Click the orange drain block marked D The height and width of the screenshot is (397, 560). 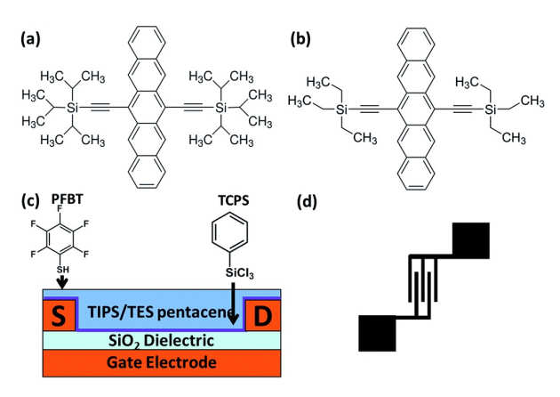[263, 315]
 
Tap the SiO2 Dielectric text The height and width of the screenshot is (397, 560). [160, 340]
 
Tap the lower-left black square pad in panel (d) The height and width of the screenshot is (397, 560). [377, 333]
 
